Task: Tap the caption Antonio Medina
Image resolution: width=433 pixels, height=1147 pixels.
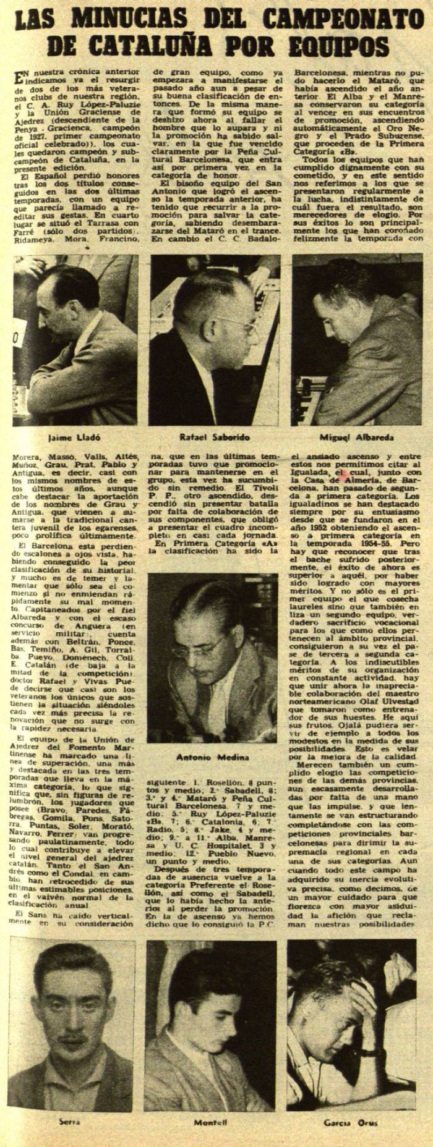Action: coord(213,758)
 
